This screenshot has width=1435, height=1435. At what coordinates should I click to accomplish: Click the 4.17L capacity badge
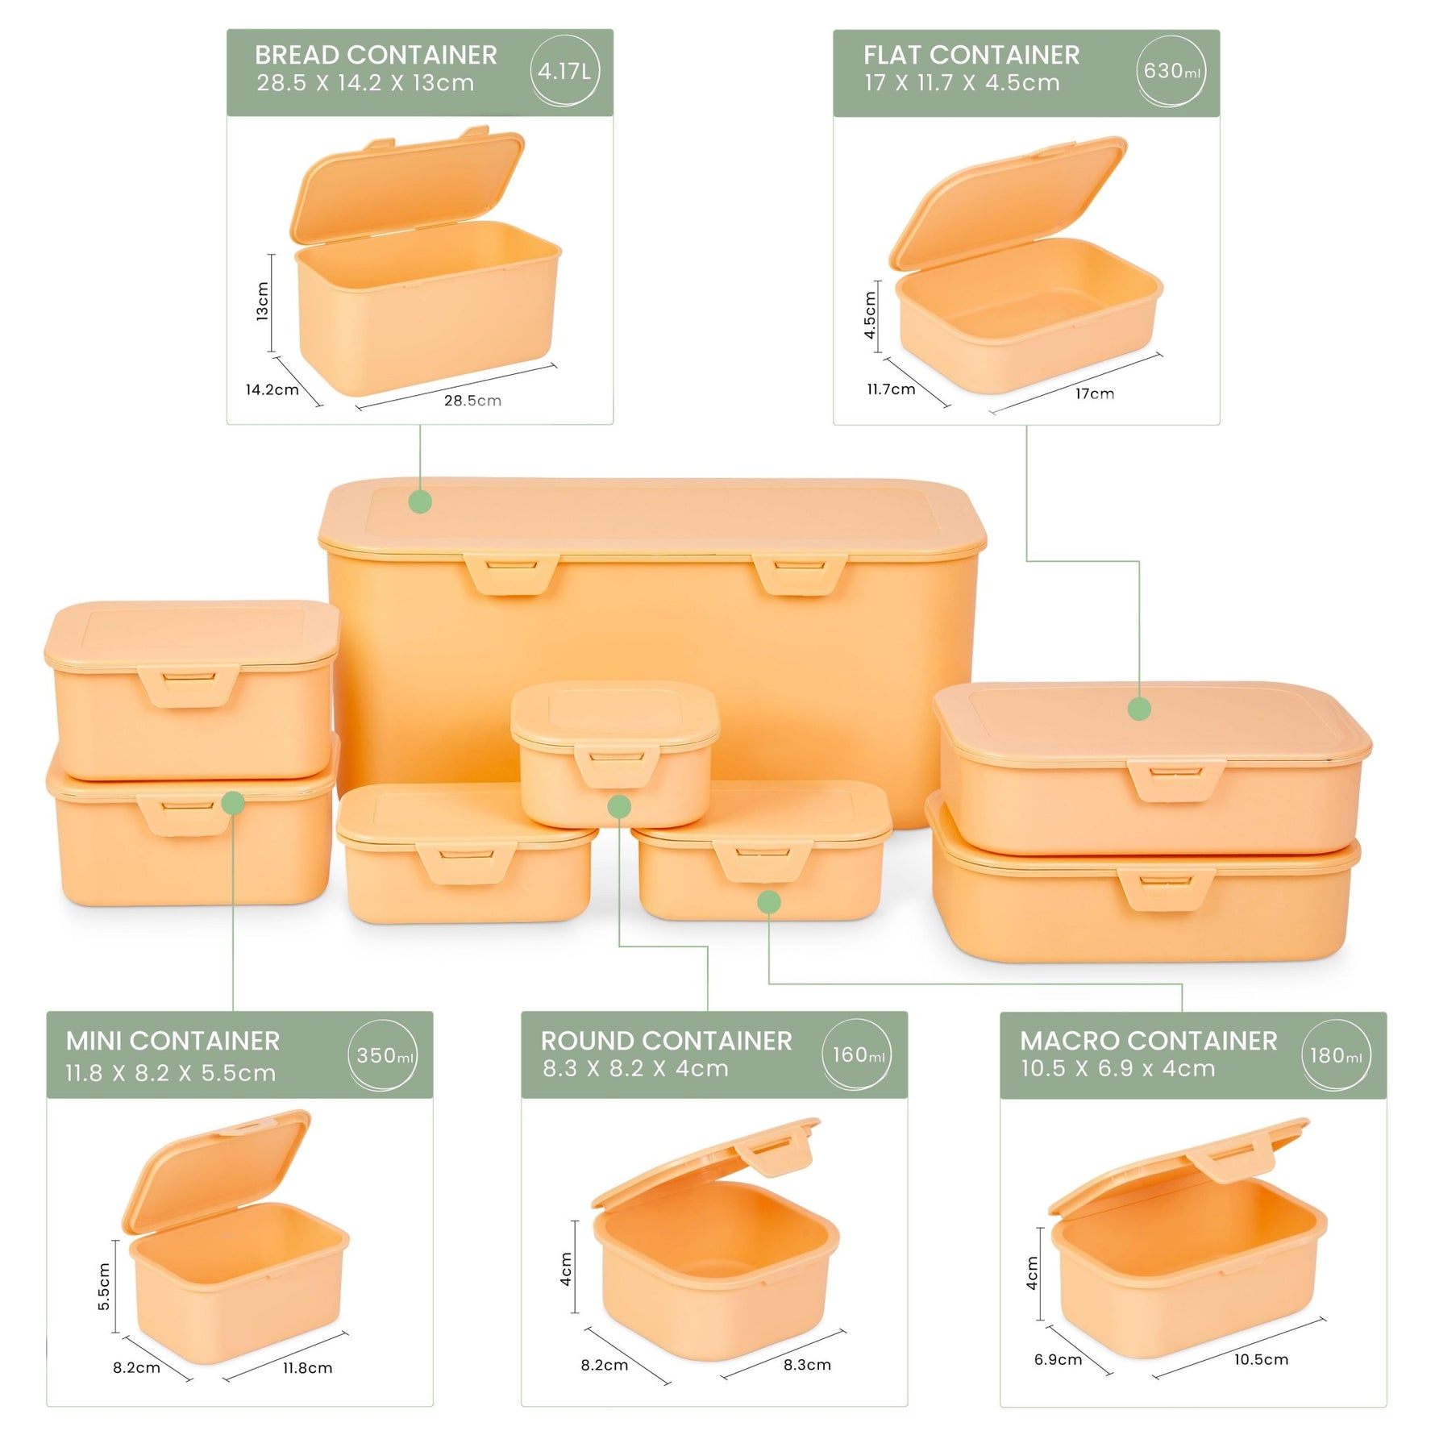click(x=564, y=71)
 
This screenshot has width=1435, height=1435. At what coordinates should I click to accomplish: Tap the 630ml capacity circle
click(x=1171, y=71)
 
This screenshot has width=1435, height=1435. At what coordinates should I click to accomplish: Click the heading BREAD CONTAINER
click(x=376, y=55)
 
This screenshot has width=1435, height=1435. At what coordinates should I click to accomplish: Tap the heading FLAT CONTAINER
click(x=971, y=55)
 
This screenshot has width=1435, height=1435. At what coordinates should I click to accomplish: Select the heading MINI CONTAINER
click(x=173, y=1041)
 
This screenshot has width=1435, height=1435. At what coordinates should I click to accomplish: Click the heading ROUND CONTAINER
click(x=666, y=1041)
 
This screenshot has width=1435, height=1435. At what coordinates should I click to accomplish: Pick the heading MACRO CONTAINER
click(x=1148, y=1041)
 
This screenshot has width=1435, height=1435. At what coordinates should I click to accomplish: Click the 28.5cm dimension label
click(x=472, y=401)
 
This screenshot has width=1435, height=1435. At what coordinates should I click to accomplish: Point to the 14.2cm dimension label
click(x=272, y=390)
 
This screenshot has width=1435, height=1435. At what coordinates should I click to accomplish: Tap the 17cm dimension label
click(x=1094, y=393)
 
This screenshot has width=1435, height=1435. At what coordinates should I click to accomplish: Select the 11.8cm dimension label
click(x=307, y=1368)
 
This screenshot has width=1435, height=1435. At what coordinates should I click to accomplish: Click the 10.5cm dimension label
click(x=1261, y=1359)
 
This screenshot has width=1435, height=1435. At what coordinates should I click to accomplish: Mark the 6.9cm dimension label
click(x=1058, y=1360)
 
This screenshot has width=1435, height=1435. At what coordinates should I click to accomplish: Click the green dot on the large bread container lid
click(x=420, y=501)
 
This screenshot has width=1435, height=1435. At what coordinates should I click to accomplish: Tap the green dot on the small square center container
click(x=619, y=806)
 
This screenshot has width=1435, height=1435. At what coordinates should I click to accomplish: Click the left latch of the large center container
click(x=511, y=574)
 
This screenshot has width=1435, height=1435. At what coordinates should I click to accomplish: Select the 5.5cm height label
click(x=104, y=1287)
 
